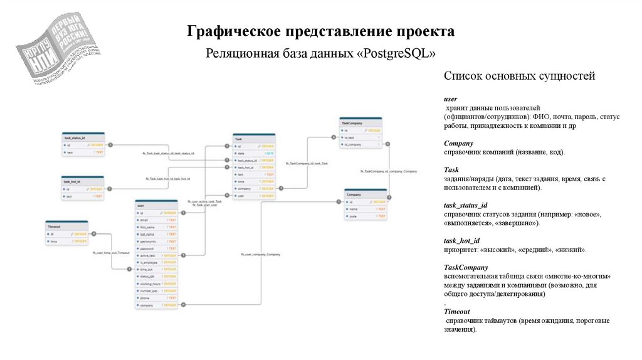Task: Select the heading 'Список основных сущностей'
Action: pyautogui.click(x=519, y=77)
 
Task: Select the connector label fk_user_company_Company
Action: pyautogui.click(x=260, y=255)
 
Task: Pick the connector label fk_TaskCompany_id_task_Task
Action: pyautogui.click(x=307, y=163)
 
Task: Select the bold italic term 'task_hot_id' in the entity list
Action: pyautogui.click(x=461, y=240)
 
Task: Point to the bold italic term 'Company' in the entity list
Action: pyautogui.click(x=458, y=143)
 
